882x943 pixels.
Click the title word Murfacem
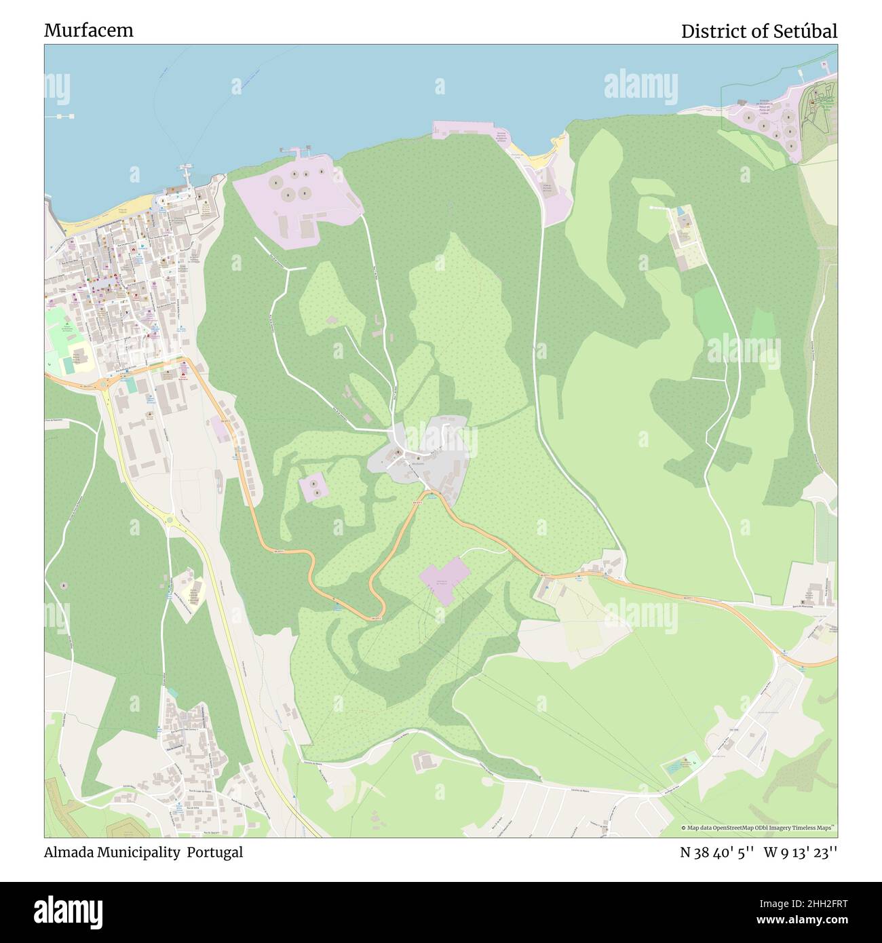point(89,31)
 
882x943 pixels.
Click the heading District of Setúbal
point(759,31)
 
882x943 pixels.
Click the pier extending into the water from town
point(185,175)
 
